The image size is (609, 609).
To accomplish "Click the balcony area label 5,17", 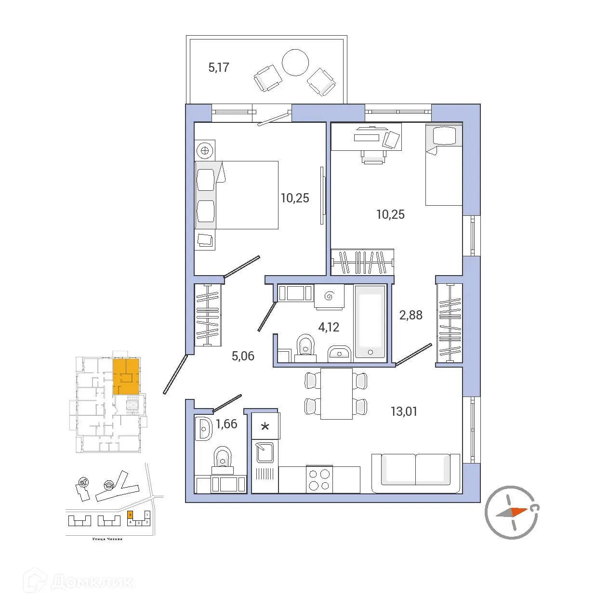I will tap(219, 67).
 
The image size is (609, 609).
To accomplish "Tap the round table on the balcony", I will tap(295, 63).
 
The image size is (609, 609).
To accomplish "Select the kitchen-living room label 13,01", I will tap(404, 411).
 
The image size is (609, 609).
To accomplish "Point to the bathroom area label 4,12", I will tap(329, 327).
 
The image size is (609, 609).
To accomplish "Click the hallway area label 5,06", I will tap(243, 356).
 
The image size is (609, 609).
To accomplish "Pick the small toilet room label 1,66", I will tap(226, 424).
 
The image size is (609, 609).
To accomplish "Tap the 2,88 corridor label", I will tap(410, 315).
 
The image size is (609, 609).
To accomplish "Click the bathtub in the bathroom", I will tap(370, 322).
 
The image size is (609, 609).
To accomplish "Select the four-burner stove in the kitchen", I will tap(319, 479).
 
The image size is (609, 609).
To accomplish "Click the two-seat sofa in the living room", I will tap(415, 472).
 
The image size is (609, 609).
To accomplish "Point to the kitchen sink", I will tap(265, 453).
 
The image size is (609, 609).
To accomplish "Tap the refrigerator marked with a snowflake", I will tap(265, 426).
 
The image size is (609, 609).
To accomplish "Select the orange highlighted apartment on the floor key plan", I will tap(126, 376).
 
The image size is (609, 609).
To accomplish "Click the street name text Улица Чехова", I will tap(107, 539).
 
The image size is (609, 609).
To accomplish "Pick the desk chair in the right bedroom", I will tap(373, 157).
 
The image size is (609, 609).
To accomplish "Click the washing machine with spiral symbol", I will tap(329, 296).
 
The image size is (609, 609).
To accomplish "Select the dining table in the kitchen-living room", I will tap(336, 393).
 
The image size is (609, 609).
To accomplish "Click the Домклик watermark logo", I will tap(79, 582).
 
